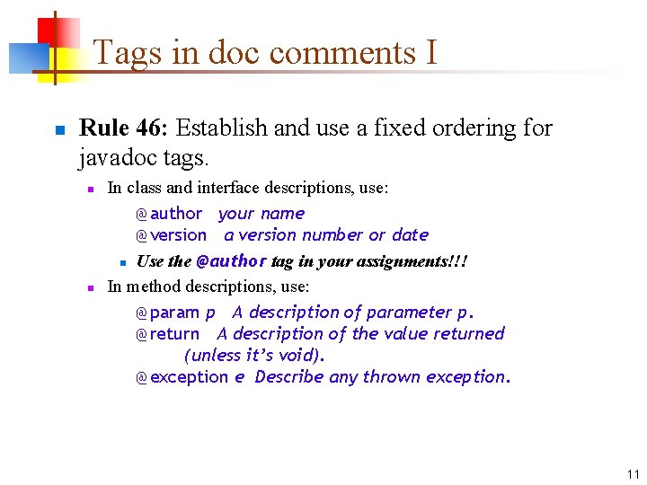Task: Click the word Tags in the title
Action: [x=128, y=54]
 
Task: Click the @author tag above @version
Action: [x=169, y=214]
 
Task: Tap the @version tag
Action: [x=171, y=235]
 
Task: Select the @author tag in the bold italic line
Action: [x=231, y=261]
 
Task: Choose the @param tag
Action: [x=167, y=313]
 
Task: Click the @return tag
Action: [x=167, y=334]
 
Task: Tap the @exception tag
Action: [x=182, y=377]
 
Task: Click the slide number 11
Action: [x=633, y=473]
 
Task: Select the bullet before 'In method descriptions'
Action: [x=90, y=288]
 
